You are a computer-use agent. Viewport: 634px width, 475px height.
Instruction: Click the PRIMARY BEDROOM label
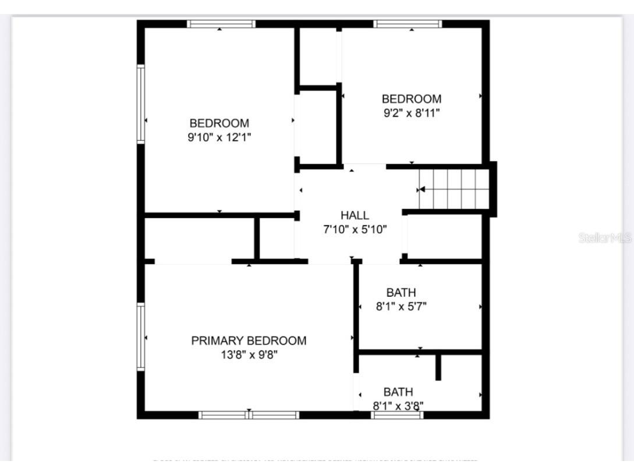point(249,341)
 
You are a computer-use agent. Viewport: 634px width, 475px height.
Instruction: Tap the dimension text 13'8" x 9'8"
point(249,355)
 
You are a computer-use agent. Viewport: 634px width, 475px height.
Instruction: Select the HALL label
point(355,215)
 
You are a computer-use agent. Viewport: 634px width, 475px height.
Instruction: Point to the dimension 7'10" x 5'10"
point(355,229)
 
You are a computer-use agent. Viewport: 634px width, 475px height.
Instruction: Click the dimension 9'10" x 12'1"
point(219,137)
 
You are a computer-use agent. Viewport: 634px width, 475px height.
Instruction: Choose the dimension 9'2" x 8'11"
point(411,113)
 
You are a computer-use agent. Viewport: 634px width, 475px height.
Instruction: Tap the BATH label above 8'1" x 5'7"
point(401,293)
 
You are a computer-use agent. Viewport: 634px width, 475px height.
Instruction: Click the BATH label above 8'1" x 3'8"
point(398,392)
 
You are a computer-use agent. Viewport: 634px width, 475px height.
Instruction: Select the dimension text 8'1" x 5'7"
point(401,306)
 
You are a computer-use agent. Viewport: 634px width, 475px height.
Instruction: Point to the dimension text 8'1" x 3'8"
point(398,406)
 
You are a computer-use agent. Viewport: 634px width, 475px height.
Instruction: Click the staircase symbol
point(454,189)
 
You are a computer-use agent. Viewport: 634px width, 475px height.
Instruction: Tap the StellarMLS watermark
point(605,238)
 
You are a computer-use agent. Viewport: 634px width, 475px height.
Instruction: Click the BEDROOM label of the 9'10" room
point(219,123)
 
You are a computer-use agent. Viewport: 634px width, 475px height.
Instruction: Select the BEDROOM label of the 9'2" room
point(411,99)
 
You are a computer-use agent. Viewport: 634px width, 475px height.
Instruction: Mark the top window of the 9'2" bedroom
point(408,24)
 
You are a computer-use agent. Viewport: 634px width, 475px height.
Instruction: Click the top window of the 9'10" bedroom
point(221,24)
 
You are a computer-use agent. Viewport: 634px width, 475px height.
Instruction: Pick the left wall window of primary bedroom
point(140,336)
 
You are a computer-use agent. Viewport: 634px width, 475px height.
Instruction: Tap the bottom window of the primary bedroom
point(249,415)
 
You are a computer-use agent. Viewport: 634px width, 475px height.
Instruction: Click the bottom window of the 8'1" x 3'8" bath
point(397,415)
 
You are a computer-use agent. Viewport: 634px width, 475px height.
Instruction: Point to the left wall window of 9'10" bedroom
point(140,104)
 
